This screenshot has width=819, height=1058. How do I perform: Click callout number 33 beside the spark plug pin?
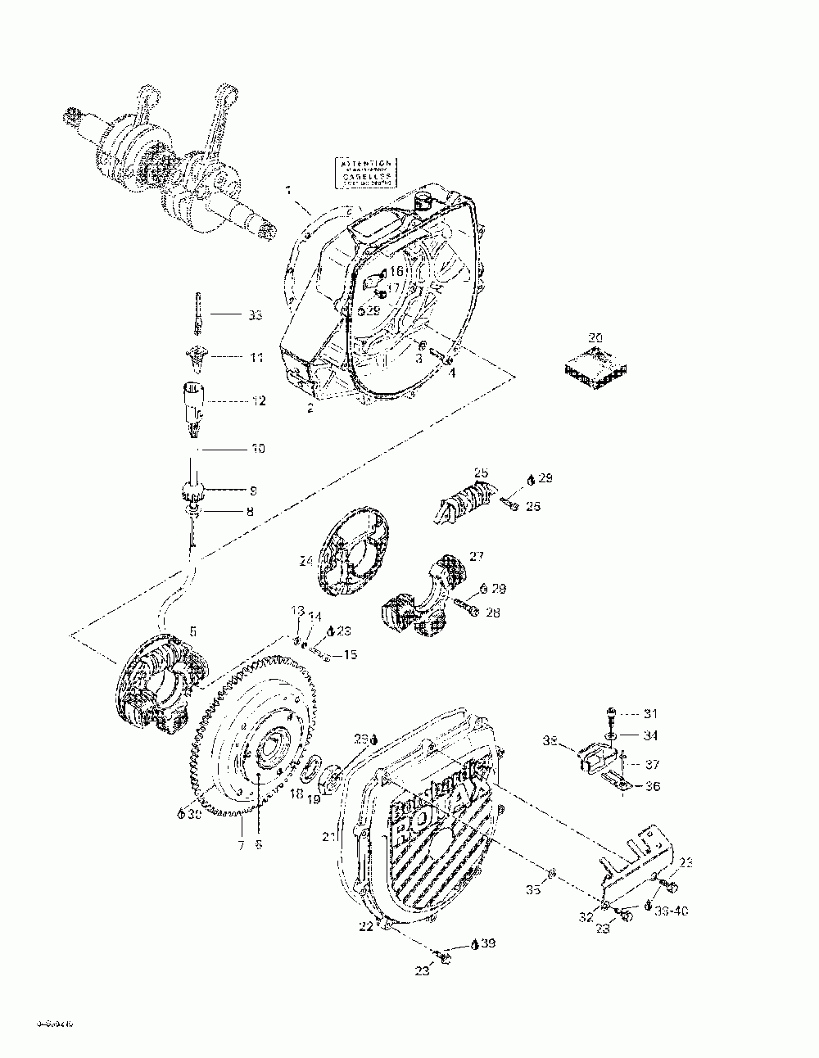tap(256, 314)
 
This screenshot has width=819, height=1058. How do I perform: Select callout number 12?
tap(258, 401)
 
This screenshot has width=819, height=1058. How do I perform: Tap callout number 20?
tap(595, 337)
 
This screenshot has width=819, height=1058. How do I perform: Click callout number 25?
tap(481, 472)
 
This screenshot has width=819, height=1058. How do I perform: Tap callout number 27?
tap(477, 556)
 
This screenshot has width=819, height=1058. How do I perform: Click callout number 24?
tap(305, 562)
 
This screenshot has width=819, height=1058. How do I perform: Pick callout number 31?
tap(649, 713)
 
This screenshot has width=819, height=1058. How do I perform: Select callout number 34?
tap(649, 736)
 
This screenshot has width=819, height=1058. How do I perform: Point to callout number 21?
tap(328, 836)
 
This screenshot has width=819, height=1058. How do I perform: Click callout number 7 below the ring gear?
tap(242, 844)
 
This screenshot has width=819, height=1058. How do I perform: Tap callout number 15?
tap(350, 654)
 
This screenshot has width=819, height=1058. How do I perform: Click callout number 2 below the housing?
tap(310, 408)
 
